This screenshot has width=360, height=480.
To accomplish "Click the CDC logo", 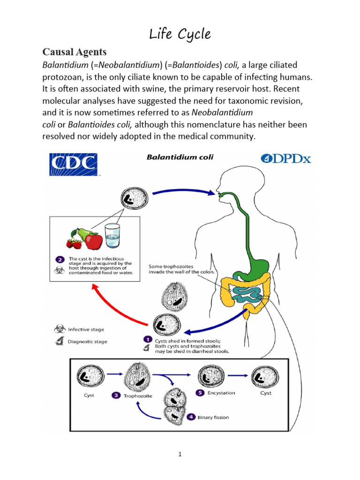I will click(x=74, y=165).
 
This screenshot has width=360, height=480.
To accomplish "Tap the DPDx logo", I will click(x=285, y=158).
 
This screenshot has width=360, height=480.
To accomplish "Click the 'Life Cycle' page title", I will click(x=180, y=34).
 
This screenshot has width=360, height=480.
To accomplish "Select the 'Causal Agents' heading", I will click(x=75, y=52).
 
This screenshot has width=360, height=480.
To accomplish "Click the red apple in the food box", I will click(x=94, y=241).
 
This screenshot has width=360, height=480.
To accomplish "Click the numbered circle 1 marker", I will click(x=147, y=339).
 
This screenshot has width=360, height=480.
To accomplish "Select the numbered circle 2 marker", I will click(x=60, y=258).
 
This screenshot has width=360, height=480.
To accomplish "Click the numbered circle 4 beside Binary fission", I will click(x=191, y=416).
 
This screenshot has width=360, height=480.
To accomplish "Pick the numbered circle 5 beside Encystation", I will click(x=200, y=393).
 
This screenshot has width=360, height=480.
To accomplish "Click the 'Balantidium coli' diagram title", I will click(x=180, y=157).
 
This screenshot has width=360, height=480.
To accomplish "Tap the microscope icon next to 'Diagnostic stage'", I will click(x=60, y=341).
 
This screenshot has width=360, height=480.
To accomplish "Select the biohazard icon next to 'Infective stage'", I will click(x=60, y=330).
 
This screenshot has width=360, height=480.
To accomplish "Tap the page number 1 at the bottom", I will click(x=180, y=454).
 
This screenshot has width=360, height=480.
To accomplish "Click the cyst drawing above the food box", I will click(x=135, y=198).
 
